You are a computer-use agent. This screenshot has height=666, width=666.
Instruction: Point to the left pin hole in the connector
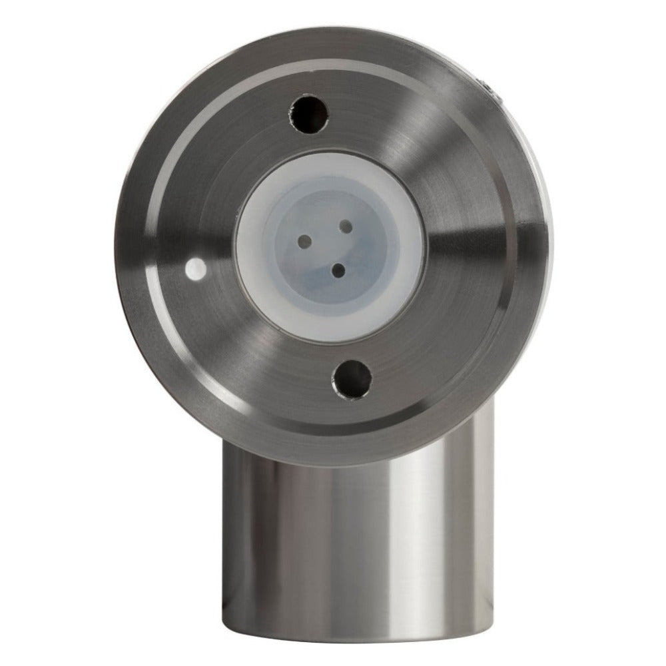[305, 239]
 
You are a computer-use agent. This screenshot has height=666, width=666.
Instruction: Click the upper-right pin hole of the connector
[346, 227]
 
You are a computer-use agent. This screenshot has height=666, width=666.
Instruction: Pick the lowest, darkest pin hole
[338, 270]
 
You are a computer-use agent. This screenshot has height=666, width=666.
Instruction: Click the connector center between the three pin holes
[330, 246]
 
